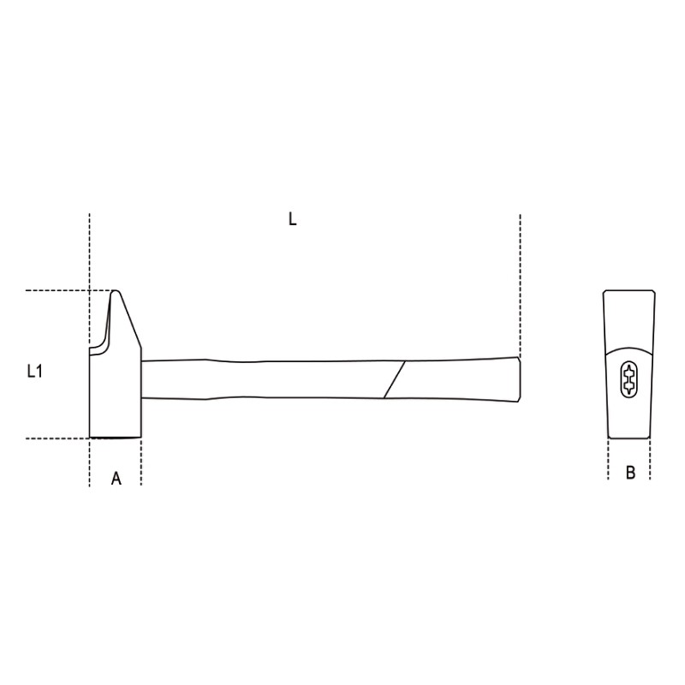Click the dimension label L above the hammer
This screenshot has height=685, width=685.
coord(292,219)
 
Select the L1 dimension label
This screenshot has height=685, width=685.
coord(34,371)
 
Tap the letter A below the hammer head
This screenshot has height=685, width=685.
coord(116,479)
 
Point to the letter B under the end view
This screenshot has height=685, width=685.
coord(630,473)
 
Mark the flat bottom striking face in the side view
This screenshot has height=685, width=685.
coord(116,438)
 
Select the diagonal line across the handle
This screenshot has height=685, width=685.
coord(395,379)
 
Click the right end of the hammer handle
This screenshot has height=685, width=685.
coord(517,378)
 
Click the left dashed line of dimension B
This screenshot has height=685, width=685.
coord(609,460)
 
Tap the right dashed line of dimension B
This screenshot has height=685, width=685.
coord(650,460)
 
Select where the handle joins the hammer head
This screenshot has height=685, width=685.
coord(142,378)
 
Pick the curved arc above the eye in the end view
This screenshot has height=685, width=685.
coord(629,348)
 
